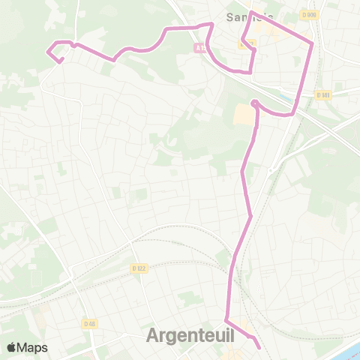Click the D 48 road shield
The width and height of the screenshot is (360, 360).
[90, 323]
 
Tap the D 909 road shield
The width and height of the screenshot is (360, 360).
[309, 14]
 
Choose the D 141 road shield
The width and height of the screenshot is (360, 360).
[323, 95]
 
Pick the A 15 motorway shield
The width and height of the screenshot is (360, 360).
[199, 47]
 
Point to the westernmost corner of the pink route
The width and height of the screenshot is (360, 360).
[47, 52]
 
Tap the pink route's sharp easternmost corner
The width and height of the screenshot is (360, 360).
[312, 43]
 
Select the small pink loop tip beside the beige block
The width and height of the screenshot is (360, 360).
[254, 103]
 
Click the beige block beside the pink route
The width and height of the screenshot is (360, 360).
[244, 115]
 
